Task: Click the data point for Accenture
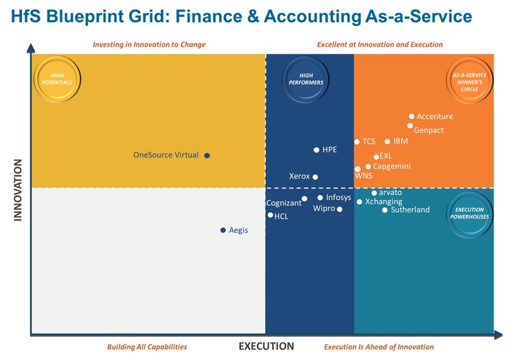pos(411,117)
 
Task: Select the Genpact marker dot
pos(410,126)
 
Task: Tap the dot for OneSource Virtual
pos(207,155)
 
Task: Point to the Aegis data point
pos(222,230)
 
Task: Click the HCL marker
pos(270,215)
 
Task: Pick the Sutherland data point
pos(385,210)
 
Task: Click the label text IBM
pos(400,142)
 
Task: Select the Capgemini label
pos(391,166)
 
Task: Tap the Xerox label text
pos(299,177)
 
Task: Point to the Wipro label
pos(324,208)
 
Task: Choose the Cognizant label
pos(284,203)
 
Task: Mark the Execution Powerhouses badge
pos(470,213)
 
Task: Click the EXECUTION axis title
pos(266,346)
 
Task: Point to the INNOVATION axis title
pos(19,190)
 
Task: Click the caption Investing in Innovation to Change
pos(149,45)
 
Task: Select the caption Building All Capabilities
pos(147,347)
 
